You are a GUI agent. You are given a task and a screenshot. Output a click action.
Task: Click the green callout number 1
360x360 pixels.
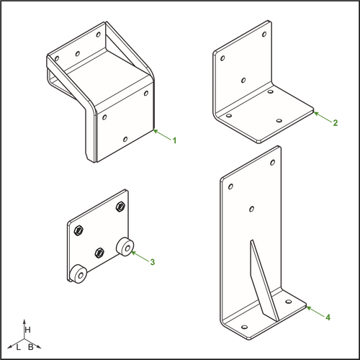click(x=174, y=140)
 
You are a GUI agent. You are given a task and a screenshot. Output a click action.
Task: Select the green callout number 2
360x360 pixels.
click(x=336, y=123)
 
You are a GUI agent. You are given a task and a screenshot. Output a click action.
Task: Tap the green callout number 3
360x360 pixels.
click(x=153, y=262)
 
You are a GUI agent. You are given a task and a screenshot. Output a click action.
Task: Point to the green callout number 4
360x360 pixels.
click(x=328, y=318)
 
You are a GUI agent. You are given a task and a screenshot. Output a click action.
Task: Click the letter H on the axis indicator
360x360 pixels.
click(x=27, y=330)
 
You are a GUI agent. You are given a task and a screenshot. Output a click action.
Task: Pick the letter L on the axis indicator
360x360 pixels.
click(x=18, y=347)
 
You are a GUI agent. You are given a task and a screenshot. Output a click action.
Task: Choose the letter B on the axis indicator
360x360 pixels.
click(x=31, y=347)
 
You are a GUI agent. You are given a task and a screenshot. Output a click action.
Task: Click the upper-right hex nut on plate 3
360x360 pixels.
click(x=120, y=207)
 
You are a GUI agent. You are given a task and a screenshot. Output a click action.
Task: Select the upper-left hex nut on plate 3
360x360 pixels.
click(x=78, y=231)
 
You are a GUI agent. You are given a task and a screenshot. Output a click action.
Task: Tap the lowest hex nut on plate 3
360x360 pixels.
click(x=99, y=253)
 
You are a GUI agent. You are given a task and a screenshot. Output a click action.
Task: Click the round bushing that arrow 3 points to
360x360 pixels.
click(x=125, y=246)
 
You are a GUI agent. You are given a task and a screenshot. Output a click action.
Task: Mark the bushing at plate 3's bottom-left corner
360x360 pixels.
click(x=78, y=274)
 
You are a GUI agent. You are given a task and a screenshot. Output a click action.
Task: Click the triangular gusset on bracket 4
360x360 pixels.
click(x=264, y=281)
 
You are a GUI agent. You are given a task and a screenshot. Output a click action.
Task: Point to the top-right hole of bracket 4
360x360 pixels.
click(x=273, y=163)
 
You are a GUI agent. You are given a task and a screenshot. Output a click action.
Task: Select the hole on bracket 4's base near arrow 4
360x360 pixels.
click(x=289, y=302)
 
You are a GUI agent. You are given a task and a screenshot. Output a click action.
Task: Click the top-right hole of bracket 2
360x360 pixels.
click(x=264, y=34)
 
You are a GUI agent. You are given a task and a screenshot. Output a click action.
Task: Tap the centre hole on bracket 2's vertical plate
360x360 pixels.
click(x=243, y=80)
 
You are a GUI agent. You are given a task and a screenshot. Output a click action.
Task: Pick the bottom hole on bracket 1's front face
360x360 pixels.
click(x=125, y=139)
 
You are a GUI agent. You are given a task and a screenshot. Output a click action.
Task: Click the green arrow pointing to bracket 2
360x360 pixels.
click(x=323, y=117)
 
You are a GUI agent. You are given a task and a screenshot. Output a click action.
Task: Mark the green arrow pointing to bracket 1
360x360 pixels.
click(x=163, y=135)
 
